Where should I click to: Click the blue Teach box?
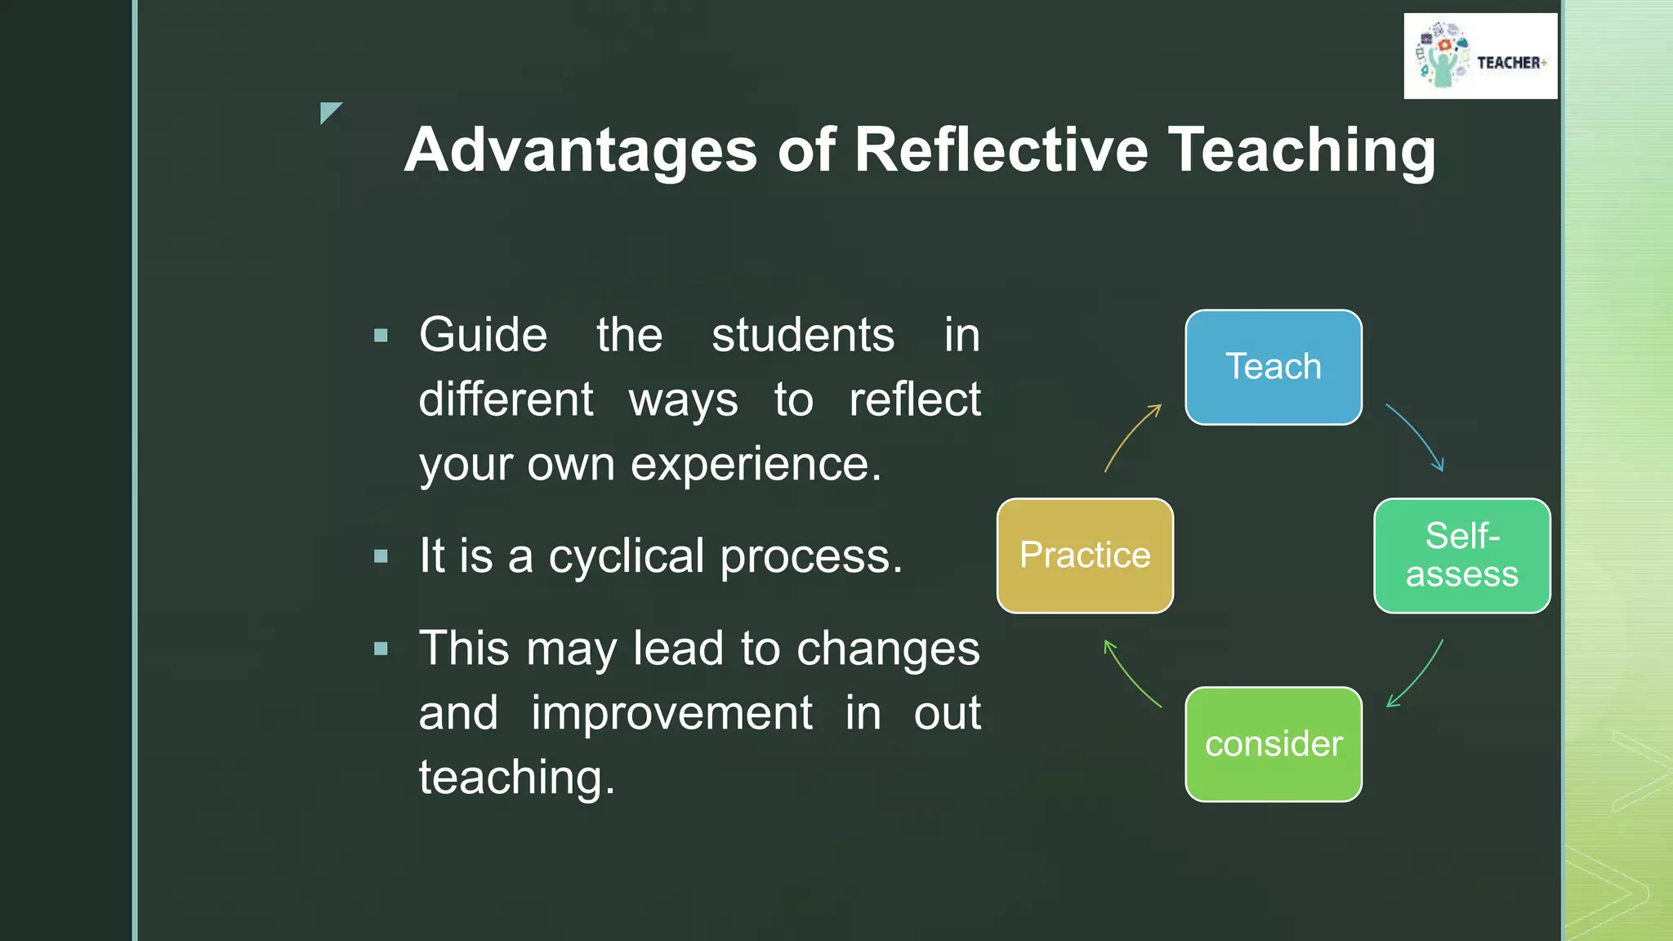(x=1273, y=367)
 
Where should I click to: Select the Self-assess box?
(x=1461, y=555)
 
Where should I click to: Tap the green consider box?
(x=1273, y=744)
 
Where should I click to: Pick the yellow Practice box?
(x=1085, y=555)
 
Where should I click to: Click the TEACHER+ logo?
(x=1480, y=56)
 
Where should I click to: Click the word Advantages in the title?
(x=580, y=150)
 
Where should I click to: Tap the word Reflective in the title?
(x=1001, y=150)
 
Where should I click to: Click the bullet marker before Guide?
(x=381, y=335)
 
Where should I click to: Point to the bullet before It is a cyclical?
(x=381, y=556)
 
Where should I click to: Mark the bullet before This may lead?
(x=381, y=649)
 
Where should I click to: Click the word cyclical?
(x=626, y=556)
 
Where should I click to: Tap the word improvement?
(x=671, y=712)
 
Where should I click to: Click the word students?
(x=802, y=335)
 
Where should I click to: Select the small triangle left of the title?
(x=328, y=111)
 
